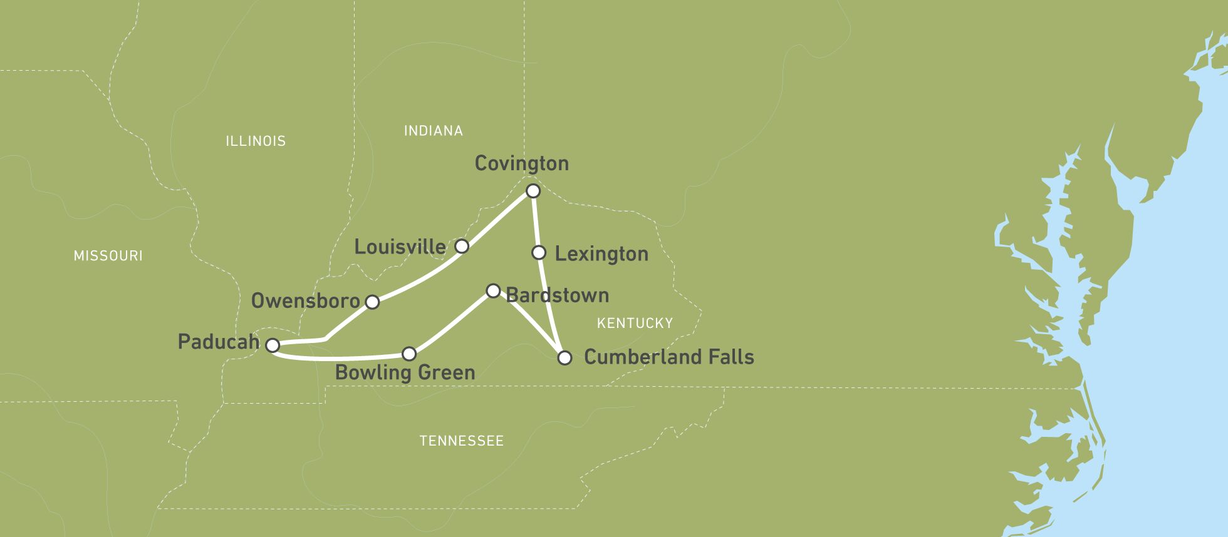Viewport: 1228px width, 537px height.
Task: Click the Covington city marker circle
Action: tap(533, 190)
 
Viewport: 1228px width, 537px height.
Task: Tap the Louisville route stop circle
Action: tap(462, 246)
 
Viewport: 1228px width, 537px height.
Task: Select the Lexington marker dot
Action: tap(539, 253)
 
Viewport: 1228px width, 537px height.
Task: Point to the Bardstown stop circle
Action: tap(493, 290)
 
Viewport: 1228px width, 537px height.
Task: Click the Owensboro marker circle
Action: tap(372, 302)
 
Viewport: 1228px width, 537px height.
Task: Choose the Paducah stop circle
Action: tap(273, 345)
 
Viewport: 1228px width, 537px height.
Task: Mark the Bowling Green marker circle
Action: tap(408, 354)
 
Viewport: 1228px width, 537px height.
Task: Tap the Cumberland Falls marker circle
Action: tap(565, 358)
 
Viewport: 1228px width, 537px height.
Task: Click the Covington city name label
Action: tap(521, 163)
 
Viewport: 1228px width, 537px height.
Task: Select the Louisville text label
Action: tap(400, 247)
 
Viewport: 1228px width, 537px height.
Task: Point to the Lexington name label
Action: tap(601, 254)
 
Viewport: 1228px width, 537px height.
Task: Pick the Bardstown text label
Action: tap(558, 295)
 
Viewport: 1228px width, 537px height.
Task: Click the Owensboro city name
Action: tap(306, 301)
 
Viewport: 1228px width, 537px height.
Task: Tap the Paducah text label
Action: tap(219, 342)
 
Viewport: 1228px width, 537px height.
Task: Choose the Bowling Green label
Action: tap(405, 372)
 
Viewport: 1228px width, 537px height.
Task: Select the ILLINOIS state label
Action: tap(256, 141)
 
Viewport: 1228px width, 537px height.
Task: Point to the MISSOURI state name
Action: tap(108, 255)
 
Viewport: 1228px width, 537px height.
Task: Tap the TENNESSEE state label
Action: tap(461, 441)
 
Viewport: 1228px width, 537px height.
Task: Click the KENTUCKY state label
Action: tap(635, 323)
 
